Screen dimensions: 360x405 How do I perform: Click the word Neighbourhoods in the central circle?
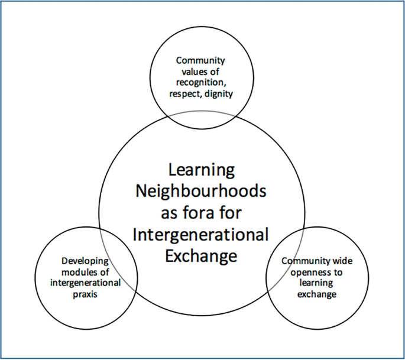pyautogui.click(x=202, y=192)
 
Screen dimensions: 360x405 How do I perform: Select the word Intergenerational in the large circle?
pyautogui.click(x=202, y=235)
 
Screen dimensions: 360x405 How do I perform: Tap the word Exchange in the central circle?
pyautogui.click(x=202, y=256)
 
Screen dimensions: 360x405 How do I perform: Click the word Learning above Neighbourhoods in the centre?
pyautogui.click(x=202, y=170)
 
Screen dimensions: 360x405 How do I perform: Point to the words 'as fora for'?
pyautogui.click(x=202, y=213)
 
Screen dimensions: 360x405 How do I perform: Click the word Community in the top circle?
pyautogui.click(x=201, y=60)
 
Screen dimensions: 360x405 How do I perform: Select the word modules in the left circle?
pyautogui.click(x=81, y=272)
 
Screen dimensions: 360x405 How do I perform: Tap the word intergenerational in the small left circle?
pyautogui.click(x=86, y=282)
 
